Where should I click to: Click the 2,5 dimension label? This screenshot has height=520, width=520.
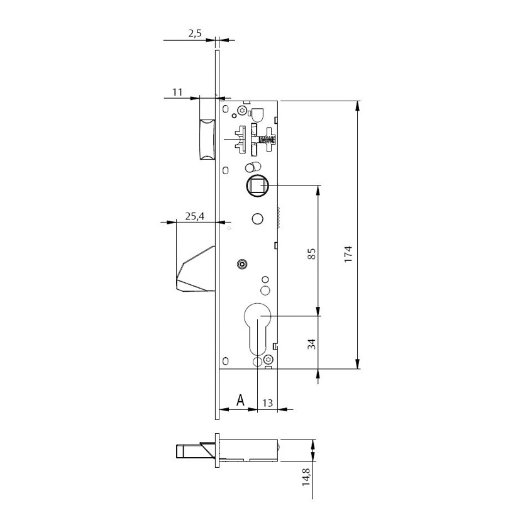[195, 33]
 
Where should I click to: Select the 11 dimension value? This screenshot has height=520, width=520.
[177, 92]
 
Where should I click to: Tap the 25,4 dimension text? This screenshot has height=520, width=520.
[194, 216]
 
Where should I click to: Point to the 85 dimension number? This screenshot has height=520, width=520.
[311, 253]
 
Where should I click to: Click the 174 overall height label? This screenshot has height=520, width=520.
[348, 254]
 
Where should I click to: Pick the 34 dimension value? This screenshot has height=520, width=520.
[311, 343]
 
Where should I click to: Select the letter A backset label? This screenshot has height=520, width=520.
[240, 400]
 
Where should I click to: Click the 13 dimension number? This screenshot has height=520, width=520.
[267, 403]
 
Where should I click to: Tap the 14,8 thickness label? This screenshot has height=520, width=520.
[306, 477]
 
